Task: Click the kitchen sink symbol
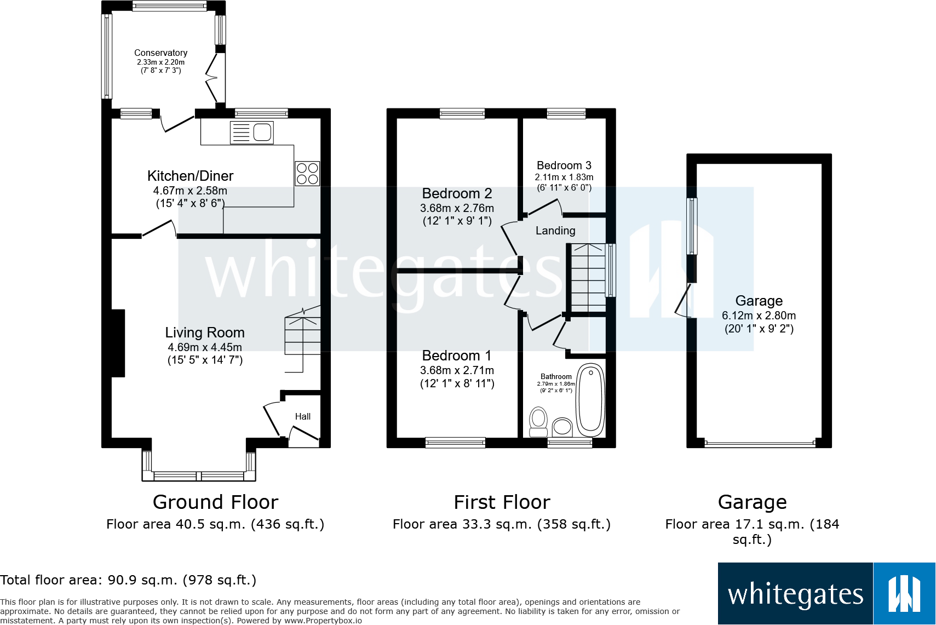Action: (252, 133)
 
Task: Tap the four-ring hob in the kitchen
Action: (307, 174)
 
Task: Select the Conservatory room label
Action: (160, 53)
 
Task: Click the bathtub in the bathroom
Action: (590, 399)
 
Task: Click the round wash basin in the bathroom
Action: (562, 427)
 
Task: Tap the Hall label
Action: (302, 417)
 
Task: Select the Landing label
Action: (555, 231)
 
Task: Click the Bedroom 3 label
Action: (564, 165)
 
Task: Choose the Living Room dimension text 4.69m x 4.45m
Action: (205, 347)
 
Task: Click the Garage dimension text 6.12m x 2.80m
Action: (759, 316)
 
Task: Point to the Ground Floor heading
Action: (215, 502)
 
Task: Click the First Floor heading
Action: (502, 502)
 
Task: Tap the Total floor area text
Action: (128, 580)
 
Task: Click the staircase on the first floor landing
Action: (588, 278)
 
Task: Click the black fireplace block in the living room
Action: (118, 343)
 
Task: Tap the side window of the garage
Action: (692, 226)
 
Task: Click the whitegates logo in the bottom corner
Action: (826, 594)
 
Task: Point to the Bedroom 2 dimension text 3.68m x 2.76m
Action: (457, 208)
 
